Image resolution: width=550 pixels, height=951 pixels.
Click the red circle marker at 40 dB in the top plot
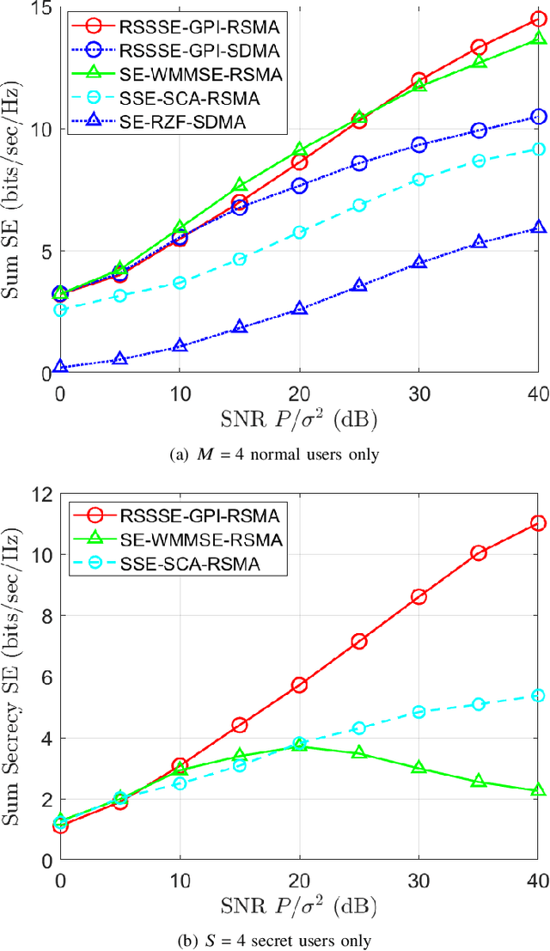tap(539, 19)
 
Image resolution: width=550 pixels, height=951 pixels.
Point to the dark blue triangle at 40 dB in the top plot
tap(539, 228)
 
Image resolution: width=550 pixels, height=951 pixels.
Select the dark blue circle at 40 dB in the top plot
tap(539, 117)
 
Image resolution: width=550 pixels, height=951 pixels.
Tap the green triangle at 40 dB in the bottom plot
tap(539, 790)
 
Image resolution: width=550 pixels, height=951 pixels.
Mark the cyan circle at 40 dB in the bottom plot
tap(539, 695)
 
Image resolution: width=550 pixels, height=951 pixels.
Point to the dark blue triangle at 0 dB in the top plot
tap(60, 367)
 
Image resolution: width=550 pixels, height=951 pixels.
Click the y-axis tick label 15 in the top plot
tap(40, 9)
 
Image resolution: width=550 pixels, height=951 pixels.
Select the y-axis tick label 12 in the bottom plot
tap(40, 495)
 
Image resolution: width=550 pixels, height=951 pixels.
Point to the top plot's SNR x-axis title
tap(299, 420)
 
